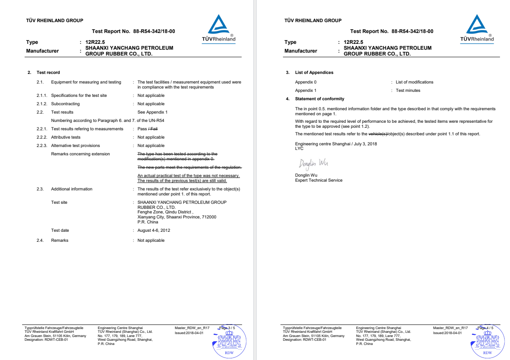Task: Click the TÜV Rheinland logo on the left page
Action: point(219,28)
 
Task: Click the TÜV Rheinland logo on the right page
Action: point(477,28)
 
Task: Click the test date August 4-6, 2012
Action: point(154,231)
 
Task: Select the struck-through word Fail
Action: point(154,129)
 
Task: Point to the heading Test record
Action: point(48,73)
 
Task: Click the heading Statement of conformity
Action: point(319,99)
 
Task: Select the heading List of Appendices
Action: point(314,73)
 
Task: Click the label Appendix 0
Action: point(305,82)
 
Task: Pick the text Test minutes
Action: point(408,91)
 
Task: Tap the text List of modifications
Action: point(414,82)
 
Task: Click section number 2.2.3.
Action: point(42,146)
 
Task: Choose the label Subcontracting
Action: point(65,104)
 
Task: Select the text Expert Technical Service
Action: point(318,180)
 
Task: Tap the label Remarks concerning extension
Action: point(80,154)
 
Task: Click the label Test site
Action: point(59,203)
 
